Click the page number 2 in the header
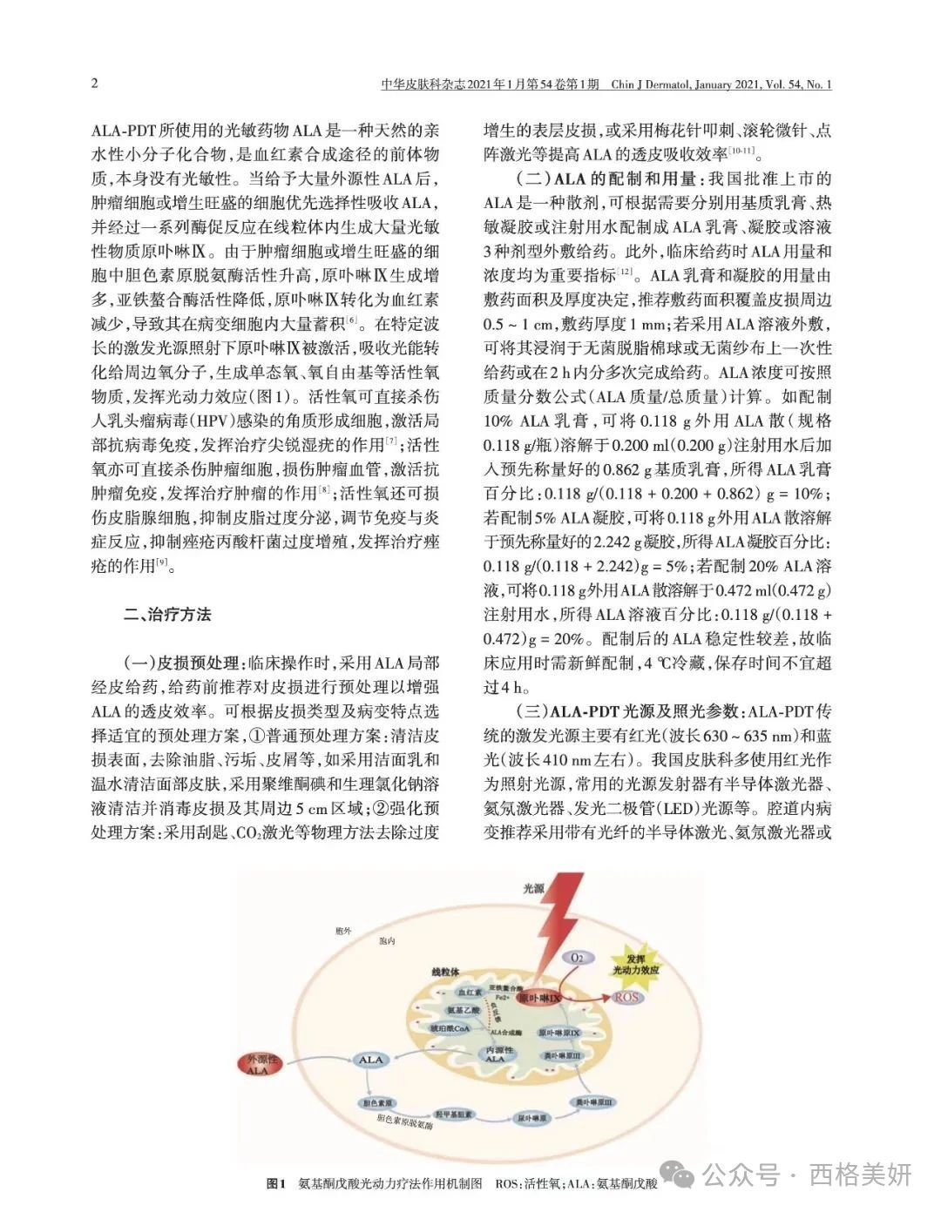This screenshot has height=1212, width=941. click(95, 84)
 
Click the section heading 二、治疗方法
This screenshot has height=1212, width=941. click(167, 614)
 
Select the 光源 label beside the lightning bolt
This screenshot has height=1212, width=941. click(533, 889)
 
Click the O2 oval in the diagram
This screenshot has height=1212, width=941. click(576, 957)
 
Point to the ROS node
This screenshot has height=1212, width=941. click(626, 997)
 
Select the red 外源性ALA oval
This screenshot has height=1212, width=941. click(261, 1064)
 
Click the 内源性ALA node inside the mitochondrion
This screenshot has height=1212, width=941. click(494, 1054)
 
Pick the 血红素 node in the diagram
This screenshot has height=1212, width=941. click(469, 993)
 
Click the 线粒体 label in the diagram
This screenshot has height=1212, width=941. click(445, 971)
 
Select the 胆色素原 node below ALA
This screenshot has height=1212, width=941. click(375, 1101)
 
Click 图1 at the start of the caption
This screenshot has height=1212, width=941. click(275, 1183)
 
